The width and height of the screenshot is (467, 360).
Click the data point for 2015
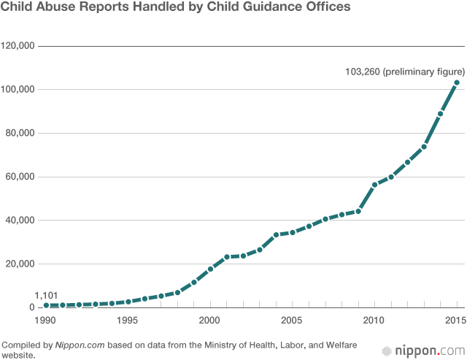(x=457, y=83)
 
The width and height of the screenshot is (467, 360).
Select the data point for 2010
(x=374, y=185)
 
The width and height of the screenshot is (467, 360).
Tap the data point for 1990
(x=46, y=305)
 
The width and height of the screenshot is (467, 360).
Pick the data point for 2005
(x=293, y=232)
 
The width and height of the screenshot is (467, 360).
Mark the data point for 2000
(x=210, y=269)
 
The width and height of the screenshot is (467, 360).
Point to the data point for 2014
(x=440, y=114)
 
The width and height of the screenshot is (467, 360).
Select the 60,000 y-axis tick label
(x=20, y=177)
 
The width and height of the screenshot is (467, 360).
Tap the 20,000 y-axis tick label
(x=20, y=264)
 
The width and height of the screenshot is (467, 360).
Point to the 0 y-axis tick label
(x=31, y=307)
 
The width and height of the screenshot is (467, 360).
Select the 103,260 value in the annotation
(x=363, y=71)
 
